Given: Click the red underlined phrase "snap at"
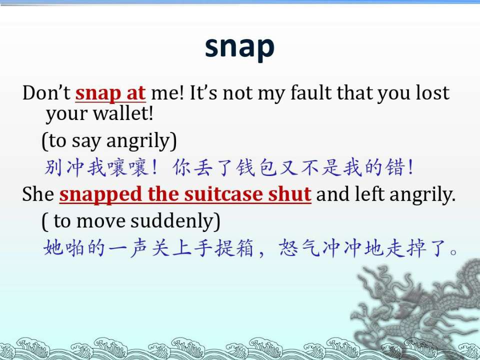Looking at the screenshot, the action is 110,93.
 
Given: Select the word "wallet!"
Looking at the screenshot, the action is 123,113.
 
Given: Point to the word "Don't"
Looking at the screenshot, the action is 46,92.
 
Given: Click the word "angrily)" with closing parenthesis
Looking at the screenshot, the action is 141,141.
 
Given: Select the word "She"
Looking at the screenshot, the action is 38,194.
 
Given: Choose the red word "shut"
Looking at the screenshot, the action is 289,194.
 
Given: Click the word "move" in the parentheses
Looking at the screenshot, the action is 101,221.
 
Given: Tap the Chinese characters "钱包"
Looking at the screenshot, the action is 256,167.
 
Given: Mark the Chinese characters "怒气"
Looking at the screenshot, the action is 299,248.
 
